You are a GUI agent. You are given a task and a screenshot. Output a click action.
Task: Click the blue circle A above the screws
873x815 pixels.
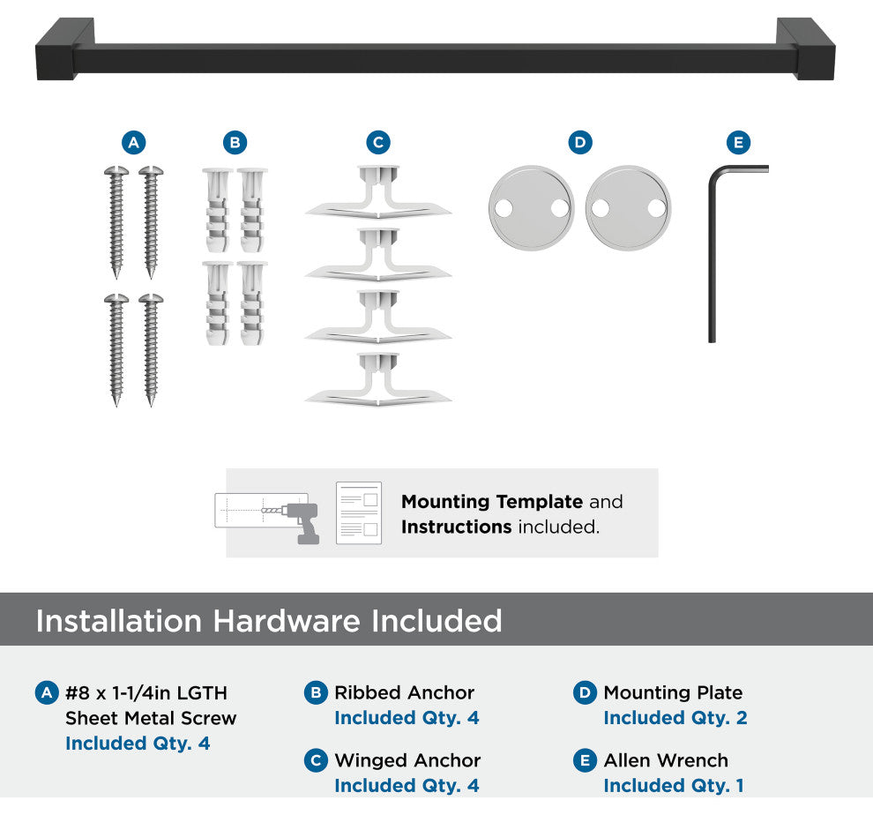[x=134, y=143]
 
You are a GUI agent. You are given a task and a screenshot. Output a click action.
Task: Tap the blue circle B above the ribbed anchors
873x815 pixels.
[x=235, y=143]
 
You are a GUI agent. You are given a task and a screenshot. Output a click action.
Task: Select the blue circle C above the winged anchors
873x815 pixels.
[x=378, y=143]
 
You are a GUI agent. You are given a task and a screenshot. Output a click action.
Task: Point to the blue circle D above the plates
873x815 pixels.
[x=580, y=143]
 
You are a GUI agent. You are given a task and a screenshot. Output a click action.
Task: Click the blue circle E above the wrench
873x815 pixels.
[x=738, y=143]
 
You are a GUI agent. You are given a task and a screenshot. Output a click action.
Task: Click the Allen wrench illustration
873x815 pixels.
[x=713, y=250]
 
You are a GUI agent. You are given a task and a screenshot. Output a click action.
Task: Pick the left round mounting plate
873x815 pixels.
[x=531, y=208]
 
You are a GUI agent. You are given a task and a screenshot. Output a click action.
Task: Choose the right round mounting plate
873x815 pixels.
[x=628, y=208]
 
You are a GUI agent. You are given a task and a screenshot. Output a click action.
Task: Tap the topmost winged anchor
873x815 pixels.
[x=378, y=191]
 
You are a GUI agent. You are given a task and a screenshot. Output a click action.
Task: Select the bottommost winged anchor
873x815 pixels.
[x=378, y=379]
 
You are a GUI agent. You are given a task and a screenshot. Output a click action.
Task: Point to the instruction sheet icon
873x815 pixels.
[x=359, y=513]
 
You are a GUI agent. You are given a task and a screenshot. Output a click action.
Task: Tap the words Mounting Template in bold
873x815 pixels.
[x=492, y=501]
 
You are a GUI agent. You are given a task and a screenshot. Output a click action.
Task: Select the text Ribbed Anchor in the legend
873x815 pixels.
[x=404, y=692]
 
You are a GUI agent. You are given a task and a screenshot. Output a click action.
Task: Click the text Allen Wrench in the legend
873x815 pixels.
[x=666, y=760]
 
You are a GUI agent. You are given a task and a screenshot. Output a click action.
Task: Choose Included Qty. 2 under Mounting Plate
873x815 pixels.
[x=675, y=718]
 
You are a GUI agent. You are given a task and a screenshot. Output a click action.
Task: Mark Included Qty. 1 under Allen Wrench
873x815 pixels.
[x=674, y=786]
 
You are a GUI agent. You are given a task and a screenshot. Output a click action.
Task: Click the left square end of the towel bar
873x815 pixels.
[x=64, y=50]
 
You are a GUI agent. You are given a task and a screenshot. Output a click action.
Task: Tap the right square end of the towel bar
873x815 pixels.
[x=806, y=49]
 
